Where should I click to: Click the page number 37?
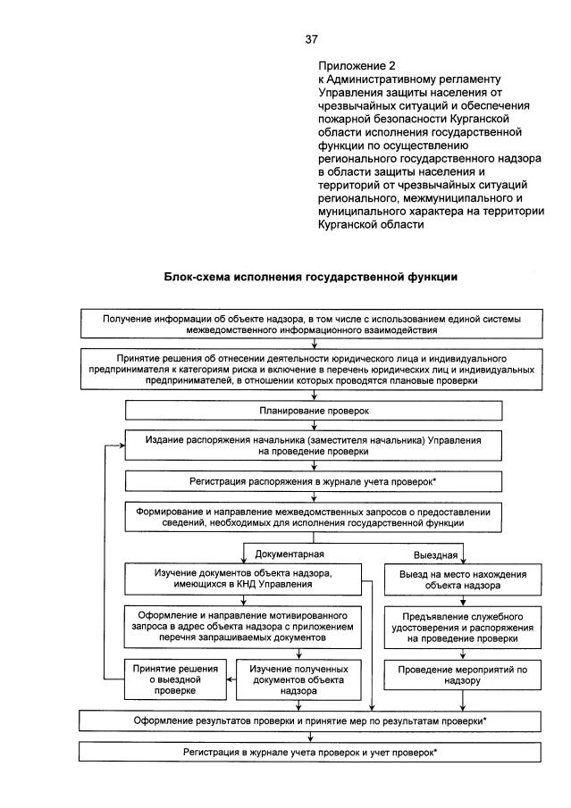pyautogui.click(x=311, y=39)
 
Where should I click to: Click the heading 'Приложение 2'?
pyautogui.click(x=357, y=66)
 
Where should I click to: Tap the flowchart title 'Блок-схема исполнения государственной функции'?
pyautogui.click(x=310, y=278)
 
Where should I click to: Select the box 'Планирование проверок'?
pyautogui.click(x=308, y=412)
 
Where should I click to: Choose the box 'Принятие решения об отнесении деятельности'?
pyautogui.click(x=308, y=368)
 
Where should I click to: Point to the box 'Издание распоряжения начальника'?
pyautogui.click(x=308, y=446)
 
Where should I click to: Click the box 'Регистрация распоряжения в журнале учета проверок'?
pyautogui.click(x=308, y=481)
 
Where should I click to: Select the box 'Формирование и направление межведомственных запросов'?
pyautogui.click(x=308, y=517)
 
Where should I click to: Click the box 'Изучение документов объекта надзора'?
pyautogui.click(x=243, y=579)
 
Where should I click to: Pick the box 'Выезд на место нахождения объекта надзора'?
pyautogui.click(x=449, y=580)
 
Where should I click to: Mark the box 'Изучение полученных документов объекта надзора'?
pyautogui.click(x=292, y=679)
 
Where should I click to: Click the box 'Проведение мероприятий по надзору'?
pyautogui.click(x=449, y=674)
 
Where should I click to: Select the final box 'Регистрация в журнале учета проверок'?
pyautogui.click(x=308, y=753)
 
